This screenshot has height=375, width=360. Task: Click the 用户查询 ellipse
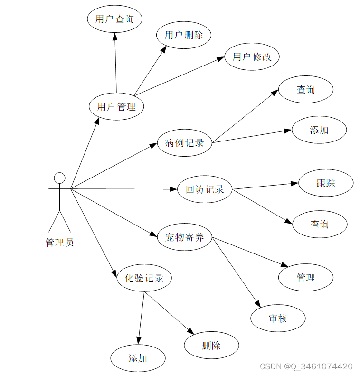coord(115,19)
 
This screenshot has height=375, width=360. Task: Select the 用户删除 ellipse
coord(184,35)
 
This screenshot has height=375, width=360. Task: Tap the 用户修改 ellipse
coord(252,57)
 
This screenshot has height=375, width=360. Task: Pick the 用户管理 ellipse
coord(116,106)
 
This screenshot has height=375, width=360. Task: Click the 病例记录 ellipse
coord(184,142)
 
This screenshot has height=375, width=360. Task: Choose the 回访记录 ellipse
coord(205,189)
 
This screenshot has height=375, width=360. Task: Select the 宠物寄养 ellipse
coord(184,237)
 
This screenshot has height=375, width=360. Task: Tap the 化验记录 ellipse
coord(144,278)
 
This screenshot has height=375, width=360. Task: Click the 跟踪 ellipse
coord(326,183)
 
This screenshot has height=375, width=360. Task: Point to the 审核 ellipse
coord(278,319)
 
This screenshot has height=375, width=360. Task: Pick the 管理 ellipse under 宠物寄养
coord(306,278)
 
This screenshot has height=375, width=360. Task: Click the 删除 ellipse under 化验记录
coord(211,345)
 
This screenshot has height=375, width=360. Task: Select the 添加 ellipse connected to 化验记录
coord(138,358)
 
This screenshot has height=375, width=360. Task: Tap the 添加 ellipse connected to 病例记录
coord(319,130)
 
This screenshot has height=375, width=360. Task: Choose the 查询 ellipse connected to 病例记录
coord(306,89)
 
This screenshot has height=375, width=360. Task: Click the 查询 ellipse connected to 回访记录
coord(320,224)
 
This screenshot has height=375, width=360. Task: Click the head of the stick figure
coord(59,178)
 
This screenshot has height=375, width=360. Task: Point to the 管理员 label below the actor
coord(60,243)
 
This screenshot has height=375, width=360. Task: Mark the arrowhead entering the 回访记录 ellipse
coord(174,189)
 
